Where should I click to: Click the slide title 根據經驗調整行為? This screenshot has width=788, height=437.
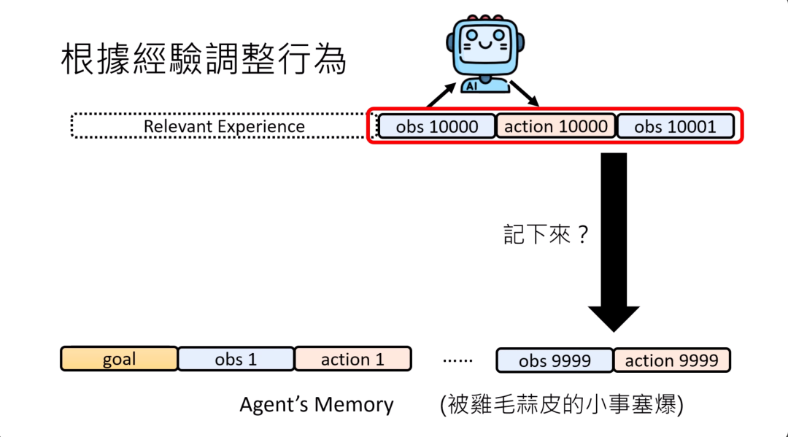coord(203,59)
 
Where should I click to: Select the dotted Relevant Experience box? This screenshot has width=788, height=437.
coord(223,126)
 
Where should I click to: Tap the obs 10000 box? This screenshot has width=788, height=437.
coord(436,127)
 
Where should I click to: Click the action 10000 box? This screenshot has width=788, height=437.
coord(556,126)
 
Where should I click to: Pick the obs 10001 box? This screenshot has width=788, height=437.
coord(675,127)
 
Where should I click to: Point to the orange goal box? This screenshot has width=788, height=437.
coord(119,359)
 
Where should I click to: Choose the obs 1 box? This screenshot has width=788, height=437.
coord(236,359)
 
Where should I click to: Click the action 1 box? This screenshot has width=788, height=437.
coord(352,359)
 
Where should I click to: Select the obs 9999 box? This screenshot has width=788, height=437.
coord(554,360)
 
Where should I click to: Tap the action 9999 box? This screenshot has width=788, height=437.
coord(671,360)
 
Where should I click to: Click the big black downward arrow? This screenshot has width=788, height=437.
coord(614,241)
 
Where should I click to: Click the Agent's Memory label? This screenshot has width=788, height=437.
coord(316,405)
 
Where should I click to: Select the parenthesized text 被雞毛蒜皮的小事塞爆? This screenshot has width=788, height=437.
coord(561,405)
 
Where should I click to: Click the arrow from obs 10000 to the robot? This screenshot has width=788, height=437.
coord(440,95)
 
